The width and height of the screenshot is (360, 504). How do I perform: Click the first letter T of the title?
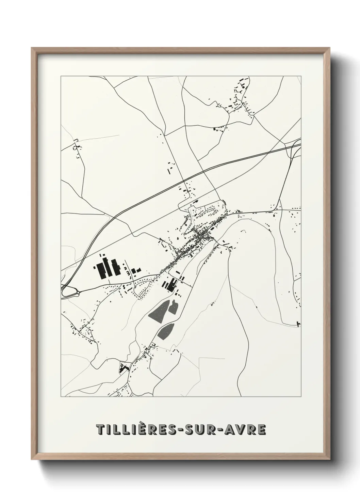101,430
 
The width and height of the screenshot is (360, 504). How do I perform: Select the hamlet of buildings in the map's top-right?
240,99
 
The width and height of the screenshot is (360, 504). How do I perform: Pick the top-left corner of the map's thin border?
61,76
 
